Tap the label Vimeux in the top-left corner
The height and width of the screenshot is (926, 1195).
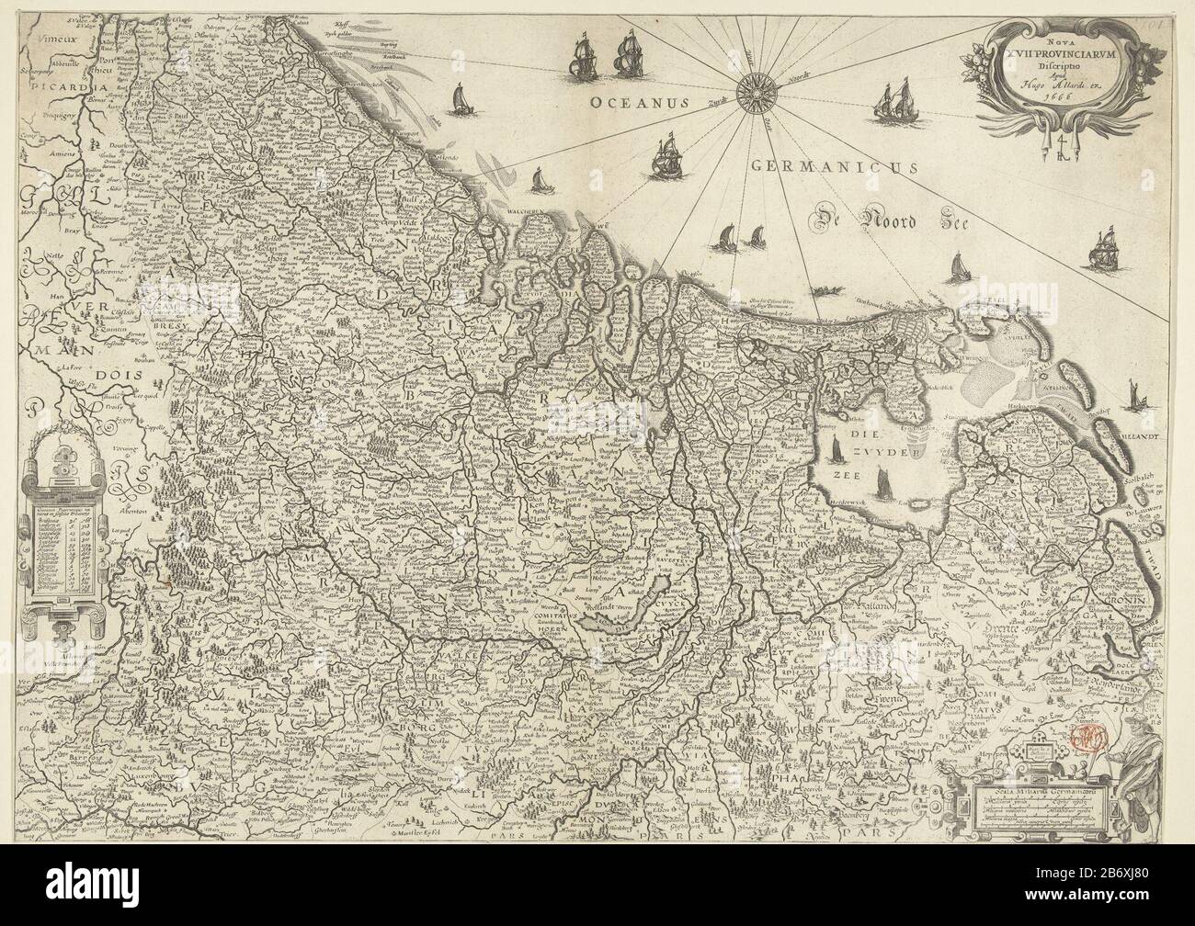click(x=37, y=39)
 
